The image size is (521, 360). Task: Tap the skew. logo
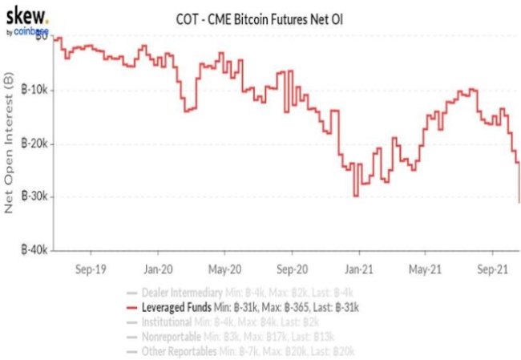tap(26, 15)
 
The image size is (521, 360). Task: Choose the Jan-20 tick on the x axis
tap(157, 269)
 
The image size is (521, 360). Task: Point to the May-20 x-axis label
tap(225, 269)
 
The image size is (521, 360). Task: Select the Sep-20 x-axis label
tap(292, 269)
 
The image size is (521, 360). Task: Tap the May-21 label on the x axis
tap(426, 269)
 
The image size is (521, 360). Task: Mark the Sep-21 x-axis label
tap(491, 269)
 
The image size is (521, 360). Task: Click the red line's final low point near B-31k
tap(519, 201)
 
